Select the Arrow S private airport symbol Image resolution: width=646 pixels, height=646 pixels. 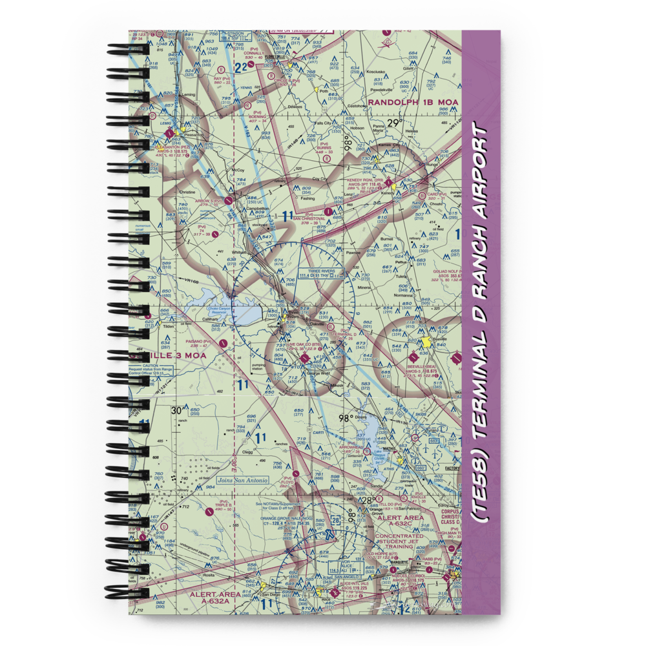coord(229,200)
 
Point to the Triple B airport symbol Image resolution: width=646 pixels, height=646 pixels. coord(208,512)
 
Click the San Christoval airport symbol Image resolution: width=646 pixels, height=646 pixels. coord(329,211)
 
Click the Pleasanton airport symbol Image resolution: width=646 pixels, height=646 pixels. coord(170,135)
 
